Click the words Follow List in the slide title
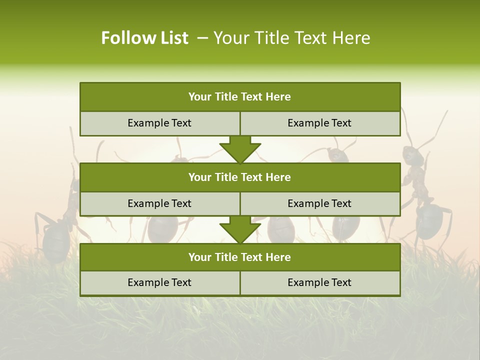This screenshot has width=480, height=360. click(x=145, y=38)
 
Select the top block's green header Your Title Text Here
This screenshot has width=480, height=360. click(x=239, y=97)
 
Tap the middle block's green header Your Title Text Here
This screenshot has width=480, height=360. click(x=239, y=177)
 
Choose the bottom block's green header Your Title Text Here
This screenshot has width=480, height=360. click(x=239, y=257)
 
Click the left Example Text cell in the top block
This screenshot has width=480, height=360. click(x=159, y=123)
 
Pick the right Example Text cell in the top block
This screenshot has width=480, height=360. click(x=319, y=123)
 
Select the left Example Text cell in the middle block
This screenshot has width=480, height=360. click(x=159, y=203)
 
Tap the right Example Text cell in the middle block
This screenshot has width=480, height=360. click(x=319, y=203)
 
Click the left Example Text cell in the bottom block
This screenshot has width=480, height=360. click(x=159, y=282)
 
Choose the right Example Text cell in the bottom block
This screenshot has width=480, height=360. click(x=319, y=282)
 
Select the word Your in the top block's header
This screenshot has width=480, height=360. click(x=200, y=97)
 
